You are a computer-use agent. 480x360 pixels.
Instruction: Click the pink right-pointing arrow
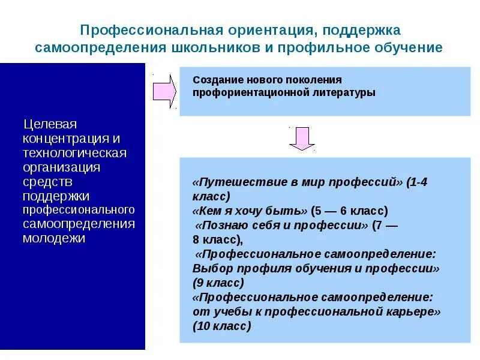164,91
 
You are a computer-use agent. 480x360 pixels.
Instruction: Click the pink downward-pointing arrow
302,139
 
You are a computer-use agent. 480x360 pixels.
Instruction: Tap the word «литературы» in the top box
343,92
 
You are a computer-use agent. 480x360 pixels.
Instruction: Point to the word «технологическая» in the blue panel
74,153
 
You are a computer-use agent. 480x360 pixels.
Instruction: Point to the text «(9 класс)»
218,283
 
